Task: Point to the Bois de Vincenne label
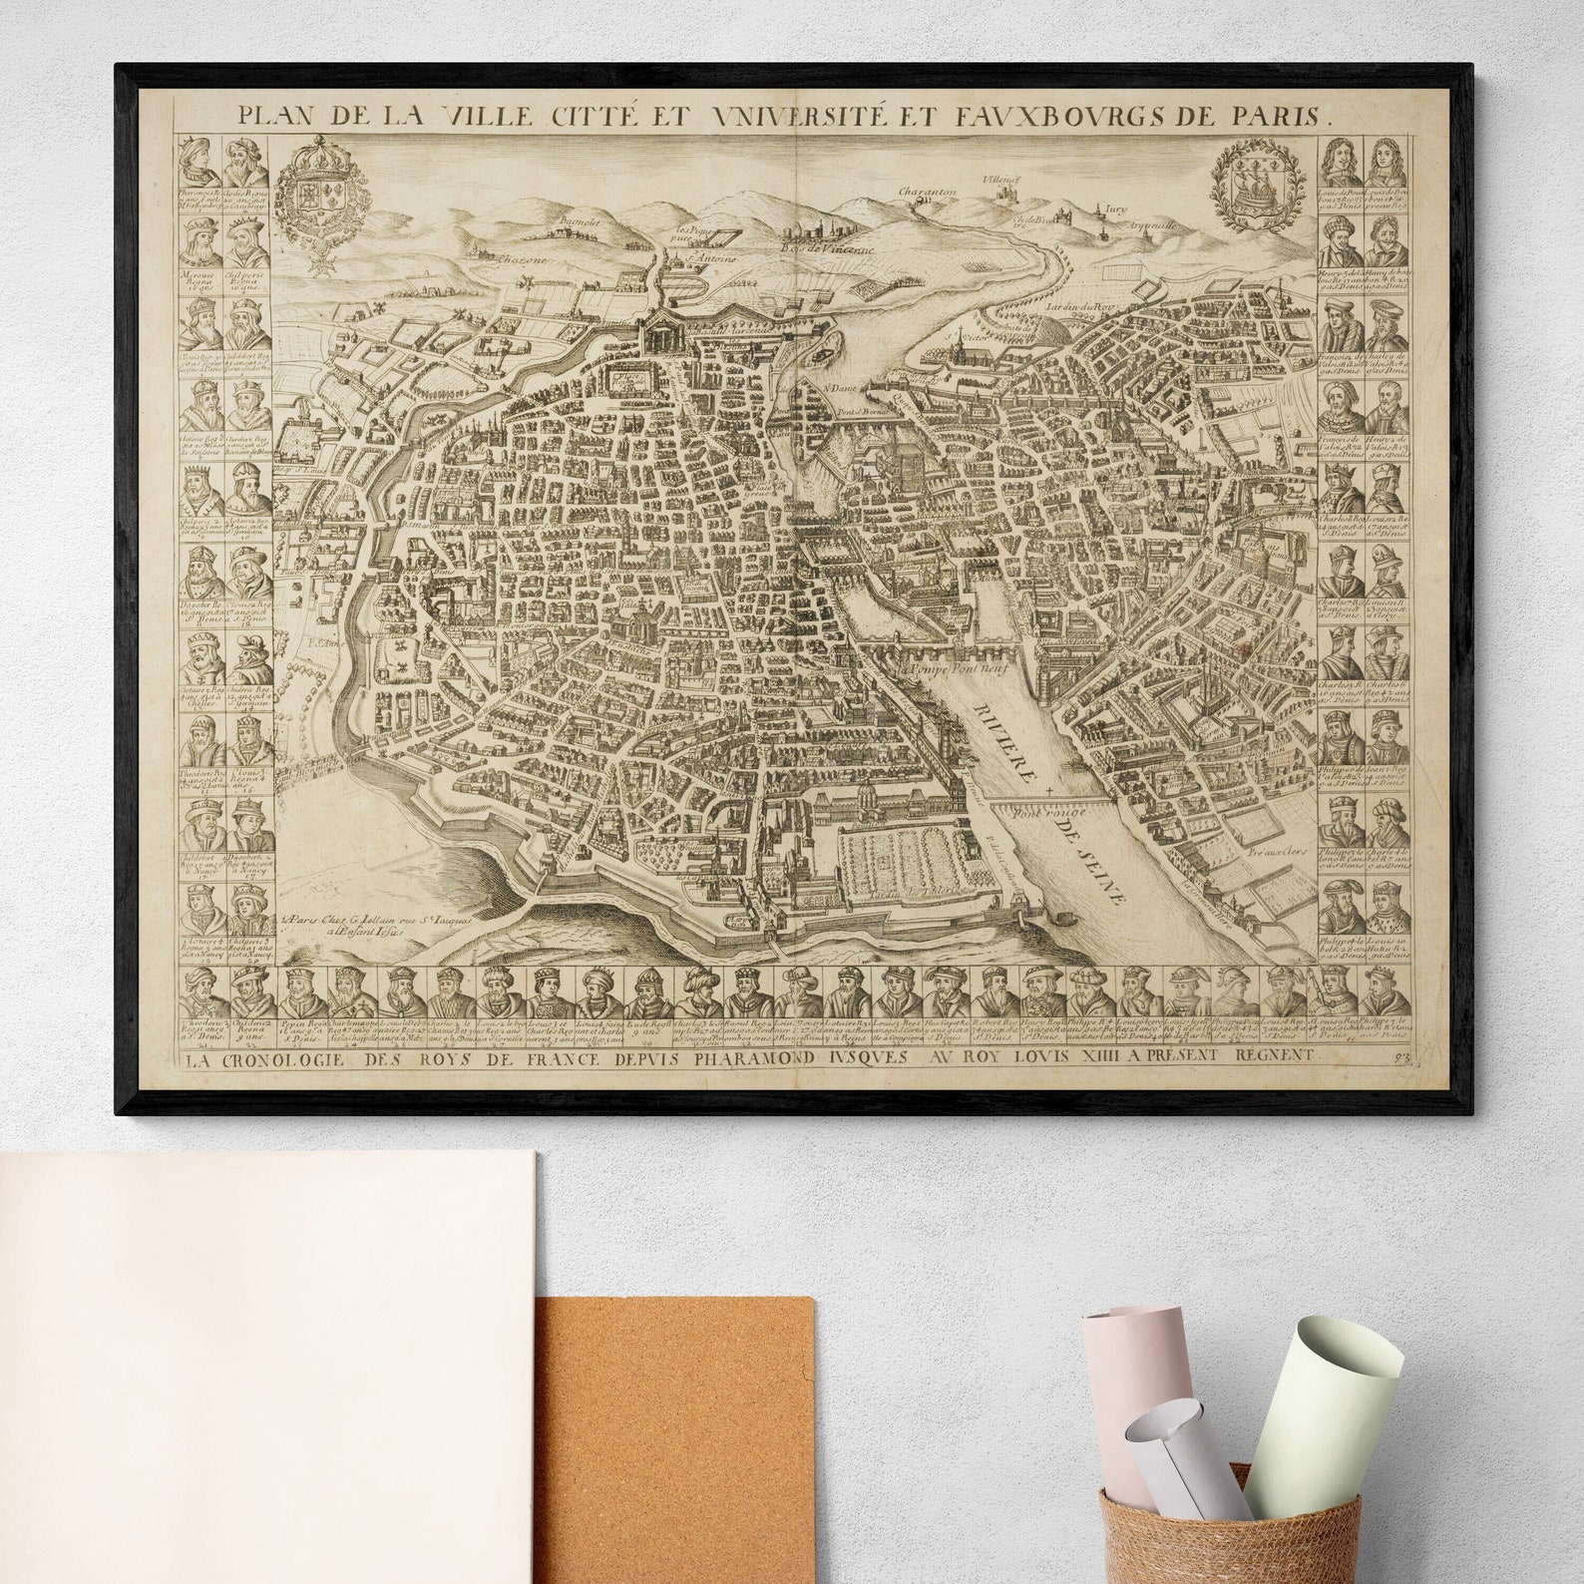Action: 827,248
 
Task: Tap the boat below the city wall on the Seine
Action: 1058,915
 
